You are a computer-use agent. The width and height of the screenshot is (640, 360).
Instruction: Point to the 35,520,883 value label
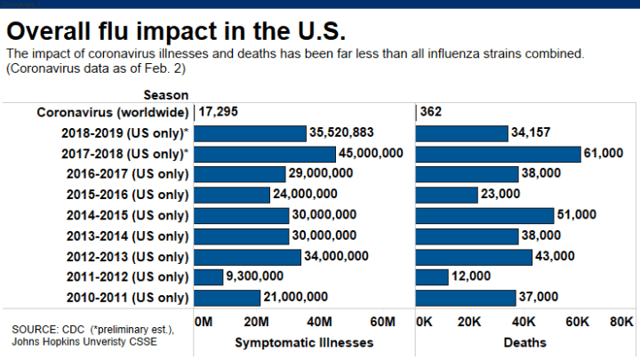[341, 132]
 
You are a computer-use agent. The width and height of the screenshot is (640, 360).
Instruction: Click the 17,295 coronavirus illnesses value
[219, 112]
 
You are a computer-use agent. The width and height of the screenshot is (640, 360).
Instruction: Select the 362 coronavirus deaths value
[431, 112]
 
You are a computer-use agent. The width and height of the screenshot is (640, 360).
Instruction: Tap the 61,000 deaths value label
[603, 153]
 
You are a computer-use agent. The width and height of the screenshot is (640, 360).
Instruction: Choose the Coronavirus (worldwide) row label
[113, 112]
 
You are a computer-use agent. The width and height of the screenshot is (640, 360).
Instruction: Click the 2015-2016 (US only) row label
[127, 195]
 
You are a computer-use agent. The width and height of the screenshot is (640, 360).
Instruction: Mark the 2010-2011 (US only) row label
[127, 298]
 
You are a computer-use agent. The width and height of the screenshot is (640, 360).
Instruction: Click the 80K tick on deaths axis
[620, 320]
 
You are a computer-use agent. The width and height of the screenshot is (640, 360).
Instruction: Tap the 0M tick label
[203, 320]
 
